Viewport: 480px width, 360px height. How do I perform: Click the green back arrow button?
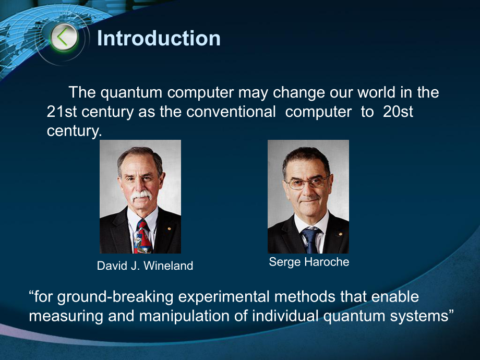tap(64, 38)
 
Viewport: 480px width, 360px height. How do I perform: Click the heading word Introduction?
tap(159, 38)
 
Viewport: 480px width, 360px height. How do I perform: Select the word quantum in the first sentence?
tap(131, 93)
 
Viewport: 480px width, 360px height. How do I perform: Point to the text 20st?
tap(398, 112)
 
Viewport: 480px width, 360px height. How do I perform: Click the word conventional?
tap(231, 112)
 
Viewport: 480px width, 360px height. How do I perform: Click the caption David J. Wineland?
tap(145, 266)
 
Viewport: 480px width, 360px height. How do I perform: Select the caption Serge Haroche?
tap(309, 262)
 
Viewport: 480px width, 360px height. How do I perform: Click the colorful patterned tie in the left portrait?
tap(142, 237)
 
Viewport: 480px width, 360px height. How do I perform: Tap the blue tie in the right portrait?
tap(310, 241)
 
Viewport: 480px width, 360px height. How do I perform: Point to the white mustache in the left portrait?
tap(141, 195)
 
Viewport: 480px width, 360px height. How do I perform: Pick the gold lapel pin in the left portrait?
tap(169, 228)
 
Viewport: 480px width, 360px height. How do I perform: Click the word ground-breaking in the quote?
tap(115, 297)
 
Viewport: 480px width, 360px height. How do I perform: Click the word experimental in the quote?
tap(224, 297)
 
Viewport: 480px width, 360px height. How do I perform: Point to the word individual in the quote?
tap(285, 316)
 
